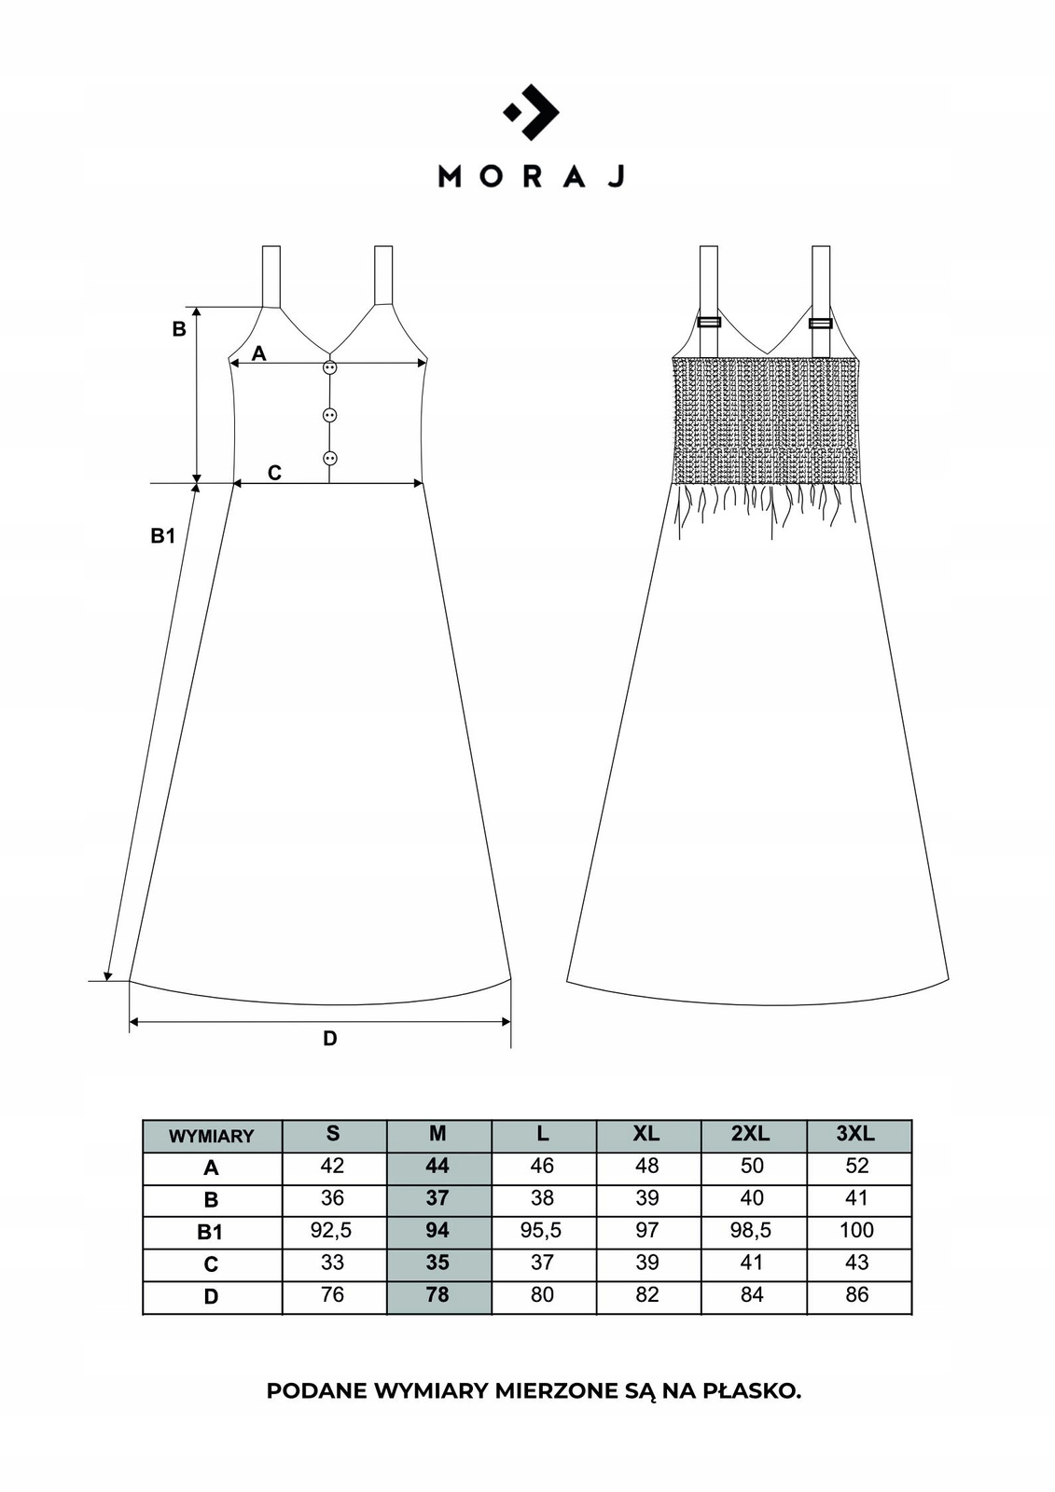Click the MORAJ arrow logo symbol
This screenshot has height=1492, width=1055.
[x=532, y=112]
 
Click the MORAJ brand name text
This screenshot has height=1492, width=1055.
[x=531, y=176]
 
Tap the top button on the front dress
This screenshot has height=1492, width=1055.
[x=329, y=367]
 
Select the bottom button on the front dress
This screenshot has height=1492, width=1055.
[x=329, y=458]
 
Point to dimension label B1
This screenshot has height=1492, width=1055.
[x=162, y=535]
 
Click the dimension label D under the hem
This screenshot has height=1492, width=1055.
[x=330, y=1038]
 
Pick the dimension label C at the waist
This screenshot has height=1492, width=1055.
[x=274, y=472]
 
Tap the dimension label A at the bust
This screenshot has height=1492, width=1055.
[x=258, y=353]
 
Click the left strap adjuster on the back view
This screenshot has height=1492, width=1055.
[x=709, y=323]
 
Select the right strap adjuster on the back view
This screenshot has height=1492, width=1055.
[x=821, y=323]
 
